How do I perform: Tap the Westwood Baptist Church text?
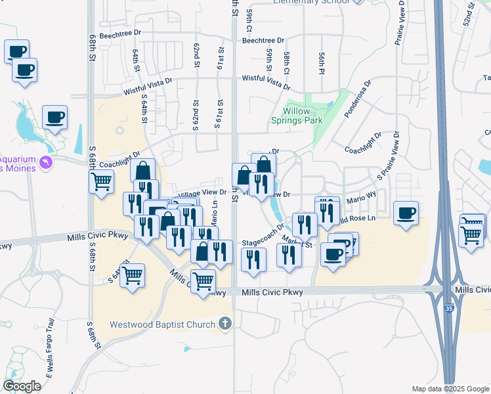[x=162, y=324]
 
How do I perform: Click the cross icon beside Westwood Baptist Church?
[x=225, y=323]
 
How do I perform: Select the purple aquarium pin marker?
[x=45, y=162]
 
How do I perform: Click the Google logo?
[x=22, y=386]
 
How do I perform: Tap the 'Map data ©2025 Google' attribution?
[x=450, y=389]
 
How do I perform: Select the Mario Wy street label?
[x=362, y=196]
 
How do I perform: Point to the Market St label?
[x=296, y=241]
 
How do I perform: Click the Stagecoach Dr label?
[x=262, y=242]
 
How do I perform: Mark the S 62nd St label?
[x=196, y=115]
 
